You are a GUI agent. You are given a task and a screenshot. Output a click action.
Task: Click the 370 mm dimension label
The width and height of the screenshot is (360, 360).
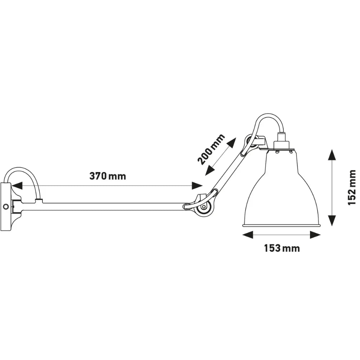point(108,176)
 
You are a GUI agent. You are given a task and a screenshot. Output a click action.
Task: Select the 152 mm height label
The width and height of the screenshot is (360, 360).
point(352,188)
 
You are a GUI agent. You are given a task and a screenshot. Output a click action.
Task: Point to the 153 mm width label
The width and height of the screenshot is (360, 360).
point(282,248)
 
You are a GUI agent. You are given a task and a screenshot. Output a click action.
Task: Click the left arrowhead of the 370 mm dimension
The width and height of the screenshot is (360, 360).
point(17,186)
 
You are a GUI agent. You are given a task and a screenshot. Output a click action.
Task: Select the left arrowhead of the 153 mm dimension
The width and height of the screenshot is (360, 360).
point(248,235)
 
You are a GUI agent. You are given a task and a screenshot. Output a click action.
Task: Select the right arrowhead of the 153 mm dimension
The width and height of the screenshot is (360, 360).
point(315,235)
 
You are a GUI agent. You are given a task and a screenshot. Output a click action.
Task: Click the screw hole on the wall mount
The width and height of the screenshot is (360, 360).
point(5,206)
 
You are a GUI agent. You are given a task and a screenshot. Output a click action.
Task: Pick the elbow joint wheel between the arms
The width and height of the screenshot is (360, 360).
point(204,207)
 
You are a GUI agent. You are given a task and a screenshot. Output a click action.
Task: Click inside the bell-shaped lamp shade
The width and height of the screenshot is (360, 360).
point(282,194)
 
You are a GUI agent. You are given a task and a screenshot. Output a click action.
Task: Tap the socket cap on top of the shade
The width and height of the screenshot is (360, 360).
point(281,141)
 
